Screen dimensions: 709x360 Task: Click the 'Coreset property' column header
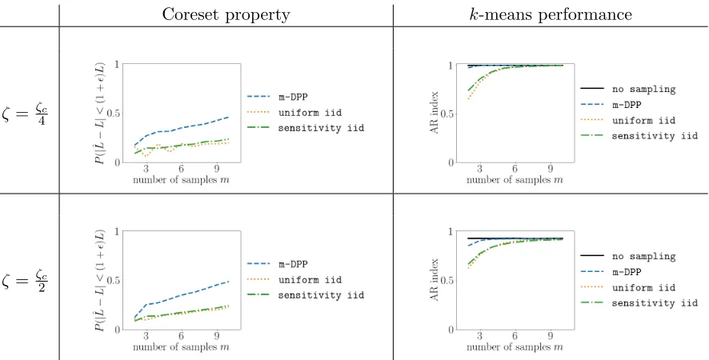[x=226, y=14]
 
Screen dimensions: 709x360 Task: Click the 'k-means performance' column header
[x=551, y=14]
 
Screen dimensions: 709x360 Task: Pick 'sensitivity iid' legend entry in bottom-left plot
[x=306, y=295]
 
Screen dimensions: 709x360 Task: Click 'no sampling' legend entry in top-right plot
[x=628, y=89]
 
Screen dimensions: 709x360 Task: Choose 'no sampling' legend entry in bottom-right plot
[x=628, y=256]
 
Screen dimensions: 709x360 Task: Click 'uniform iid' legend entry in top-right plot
[x=628, y=120]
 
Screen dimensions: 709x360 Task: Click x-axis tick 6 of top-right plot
[x=515, y=169]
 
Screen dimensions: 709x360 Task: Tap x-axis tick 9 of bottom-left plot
[x=217, y=336]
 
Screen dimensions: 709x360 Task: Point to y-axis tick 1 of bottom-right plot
[x=451, y=231]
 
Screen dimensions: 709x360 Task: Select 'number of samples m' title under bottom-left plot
[x=181, y=347]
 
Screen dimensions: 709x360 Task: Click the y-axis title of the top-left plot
[x=100, y=113]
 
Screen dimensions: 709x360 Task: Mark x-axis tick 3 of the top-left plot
[x=146, y=169]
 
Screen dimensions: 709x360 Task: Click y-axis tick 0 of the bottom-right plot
[x=451, y=330]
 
